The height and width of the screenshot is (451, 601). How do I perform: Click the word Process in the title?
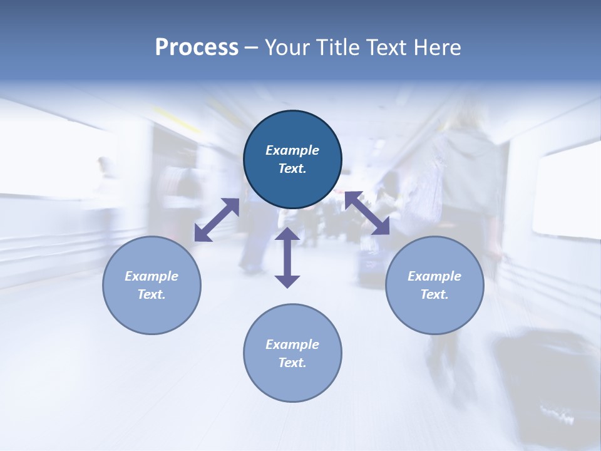197,48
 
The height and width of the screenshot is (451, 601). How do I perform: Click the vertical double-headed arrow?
287,257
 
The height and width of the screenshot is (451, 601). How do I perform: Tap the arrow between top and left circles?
217,220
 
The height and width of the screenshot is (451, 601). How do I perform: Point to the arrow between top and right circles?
367,213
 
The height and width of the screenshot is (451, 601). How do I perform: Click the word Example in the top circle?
292,150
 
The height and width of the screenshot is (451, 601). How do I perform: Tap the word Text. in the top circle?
292,168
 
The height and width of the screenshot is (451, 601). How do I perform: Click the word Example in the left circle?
152,276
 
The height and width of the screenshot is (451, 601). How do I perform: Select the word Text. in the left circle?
152,294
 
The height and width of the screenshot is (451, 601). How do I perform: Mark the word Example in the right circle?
434,276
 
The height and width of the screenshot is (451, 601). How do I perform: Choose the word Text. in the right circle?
434,294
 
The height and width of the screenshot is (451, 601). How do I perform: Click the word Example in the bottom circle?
292,345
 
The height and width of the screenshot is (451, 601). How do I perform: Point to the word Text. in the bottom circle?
292,363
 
